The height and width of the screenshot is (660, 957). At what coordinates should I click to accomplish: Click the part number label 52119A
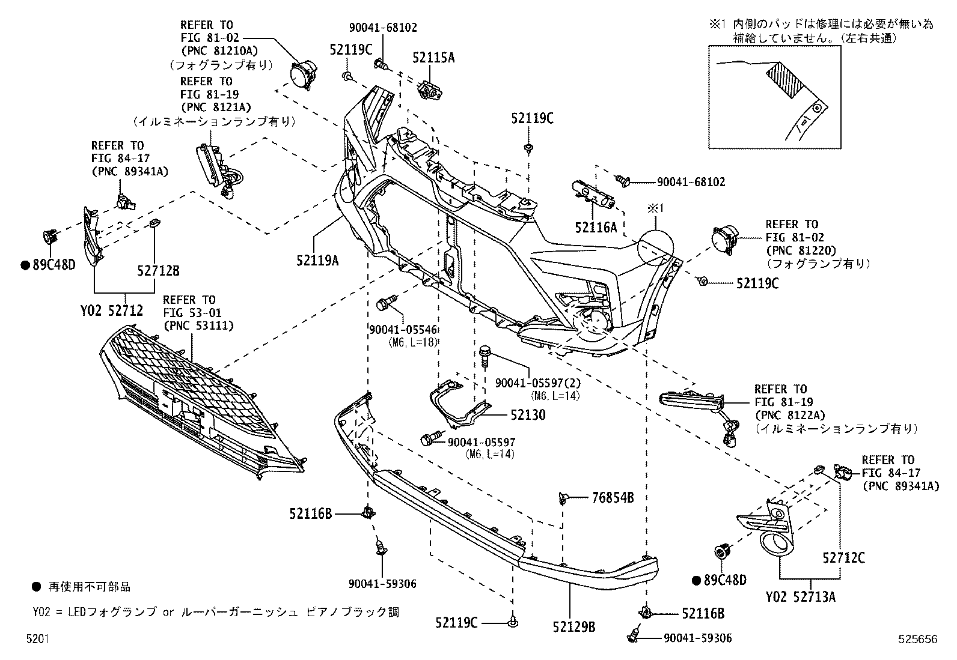coord(317,261)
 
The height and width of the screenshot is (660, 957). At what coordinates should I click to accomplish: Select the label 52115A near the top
coord(433,58)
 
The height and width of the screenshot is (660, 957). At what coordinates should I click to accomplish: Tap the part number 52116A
coord(596,228)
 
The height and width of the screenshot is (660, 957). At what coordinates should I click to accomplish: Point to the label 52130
coord(528,415)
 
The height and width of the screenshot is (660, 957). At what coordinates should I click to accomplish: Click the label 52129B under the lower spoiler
coord(574,627)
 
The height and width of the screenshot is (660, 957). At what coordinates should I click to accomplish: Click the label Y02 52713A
coord(801,597)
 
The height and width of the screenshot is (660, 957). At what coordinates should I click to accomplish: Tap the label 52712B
coord(158,271)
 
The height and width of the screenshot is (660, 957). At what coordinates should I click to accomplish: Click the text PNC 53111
coord(198,325)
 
